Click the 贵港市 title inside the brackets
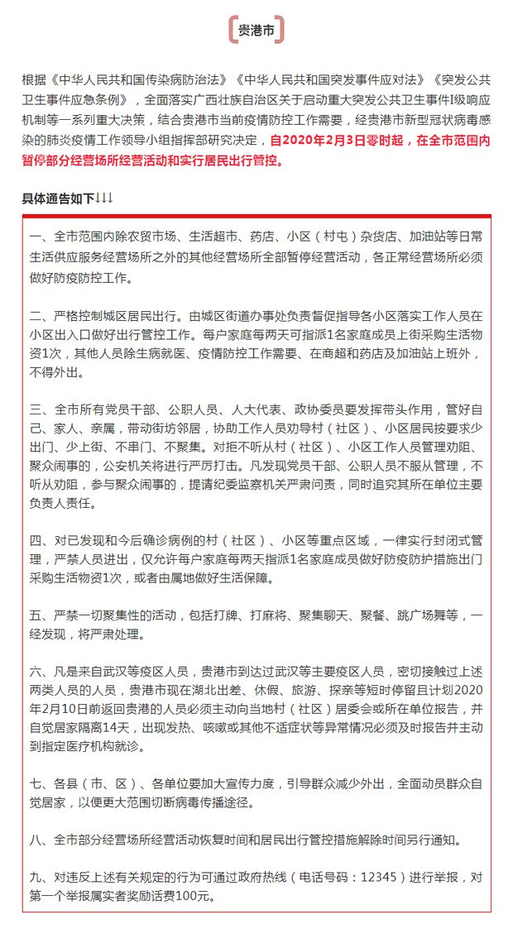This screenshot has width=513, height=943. click(256, 31)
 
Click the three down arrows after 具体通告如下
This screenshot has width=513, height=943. click(104, 199)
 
